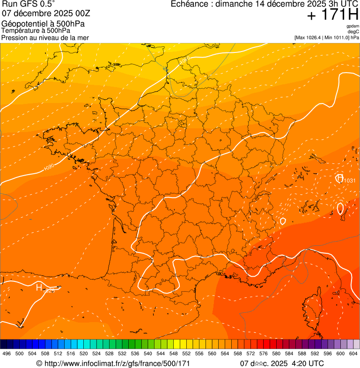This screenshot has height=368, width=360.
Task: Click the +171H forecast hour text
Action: (x=332, y=15)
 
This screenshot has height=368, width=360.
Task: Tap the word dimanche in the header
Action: (x=238, y=4)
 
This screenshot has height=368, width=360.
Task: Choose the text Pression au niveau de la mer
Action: (x=45, y=37)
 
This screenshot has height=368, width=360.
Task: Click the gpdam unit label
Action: (x=353, y=26)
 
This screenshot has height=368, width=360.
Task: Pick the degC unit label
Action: (x=353, y=31)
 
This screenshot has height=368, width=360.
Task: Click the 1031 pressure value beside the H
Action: (x=350, y=181)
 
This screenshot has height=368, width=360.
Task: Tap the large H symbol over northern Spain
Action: (x=39, y=287)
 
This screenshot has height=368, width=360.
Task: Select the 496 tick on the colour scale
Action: (x=7, y=353)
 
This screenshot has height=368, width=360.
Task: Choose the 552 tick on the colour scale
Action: (x=186, y=353)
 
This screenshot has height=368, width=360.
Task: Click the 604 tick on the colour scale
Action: (x=353, y=353)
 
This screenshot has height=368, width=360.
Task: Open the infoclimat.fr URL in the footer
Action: (x=117, y=363)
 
